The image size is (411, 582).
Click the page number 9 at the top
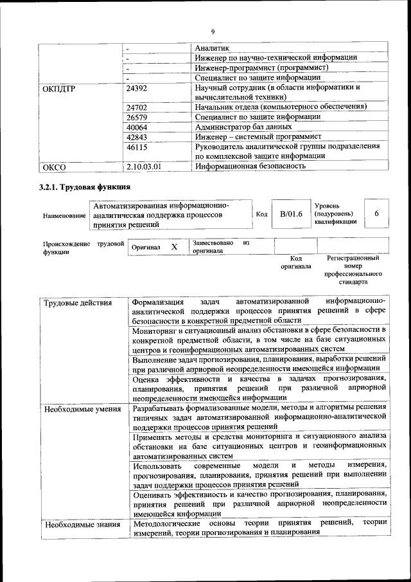[212, 32]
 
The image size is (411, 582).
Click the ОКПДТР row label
[59, 88]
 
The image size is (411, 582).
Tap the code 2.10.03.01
[144, 167]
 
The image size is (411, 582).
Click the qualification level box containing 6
[376, 214]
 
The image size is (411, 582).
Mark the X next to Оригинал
[174, 247]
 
